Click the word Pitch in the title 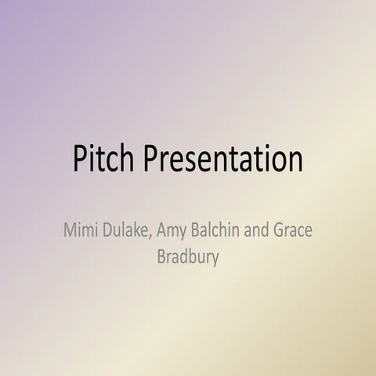[x=105, y=158]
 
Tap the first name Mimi [x=81, y=232]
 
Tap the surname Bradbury [x=188, y=258]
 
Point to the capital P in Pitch [x=81, y=158]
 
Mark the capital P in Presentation [x=151, y=158]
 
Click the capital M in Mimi [x=70, y=232]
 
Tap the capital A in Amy [x=162, y=232]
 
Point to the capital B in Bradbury [x=161, y=257]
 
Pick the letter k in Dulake [x=136, y=232]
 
